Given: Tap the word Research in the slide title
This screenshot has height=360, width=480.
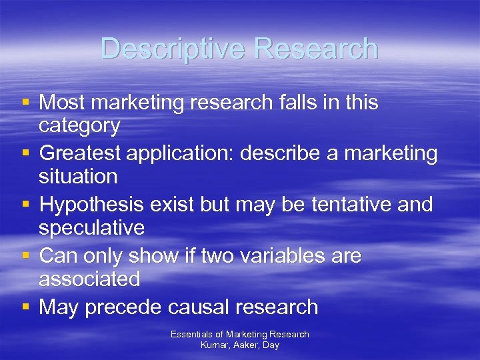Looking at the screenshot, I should point(317,49).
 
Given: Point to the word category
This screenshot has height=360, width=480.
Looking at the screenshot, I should point(79,125).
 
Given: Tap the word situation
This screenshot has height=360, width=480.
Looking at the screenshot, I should point(78,177).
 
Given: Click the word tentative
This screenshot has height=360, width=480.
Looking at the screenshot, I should point(341,205).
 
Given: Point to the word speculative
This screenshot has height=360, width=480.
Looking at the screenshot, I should point(91,228).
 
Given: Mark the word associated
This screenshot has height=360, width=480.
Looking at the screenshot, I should point(89,279).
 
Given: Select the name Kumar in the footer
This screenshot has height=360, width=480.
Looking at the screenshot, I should point(213,345).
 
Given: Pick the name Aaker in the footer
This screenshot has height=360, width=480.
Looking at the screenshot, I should point(245,345).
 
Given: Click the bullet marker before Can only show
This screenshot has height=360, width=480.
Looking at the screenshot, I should point(25,256).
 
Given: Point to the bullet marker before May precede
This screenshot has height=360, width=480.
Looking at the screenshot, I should point(25,307).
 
